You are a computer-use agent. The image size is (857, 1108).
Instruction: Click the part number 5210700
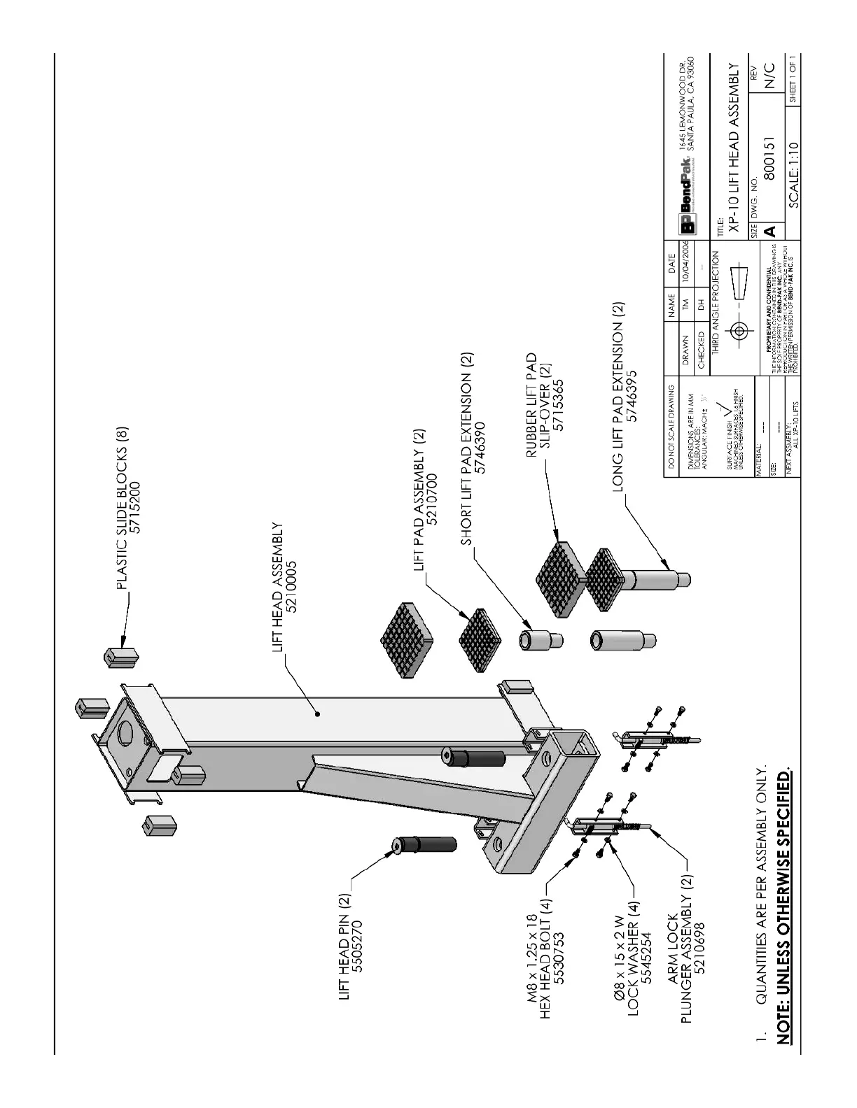pyautogui.click(x=433, y=502)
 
